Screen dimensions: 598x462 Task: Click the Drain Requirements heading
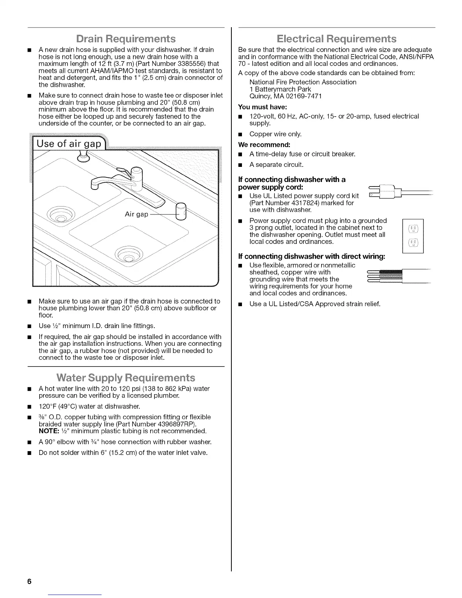coord(126,39)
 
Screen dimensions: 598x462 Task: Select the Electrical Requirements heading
coord(336,39)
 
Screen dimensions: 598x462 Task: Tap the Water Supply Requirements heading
coord(126,378)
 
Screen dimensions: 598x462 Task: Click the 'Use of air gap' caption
coord(69,144)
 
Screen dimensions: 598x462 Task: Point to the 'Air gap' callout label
coord(136,214)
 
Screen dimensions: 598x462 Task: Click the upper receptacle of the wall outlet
coord(413,229)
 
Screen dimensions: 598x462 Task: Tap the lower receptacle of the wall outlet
coord(413,243)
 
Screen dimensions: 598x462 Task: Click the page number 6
coord(29,581)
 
